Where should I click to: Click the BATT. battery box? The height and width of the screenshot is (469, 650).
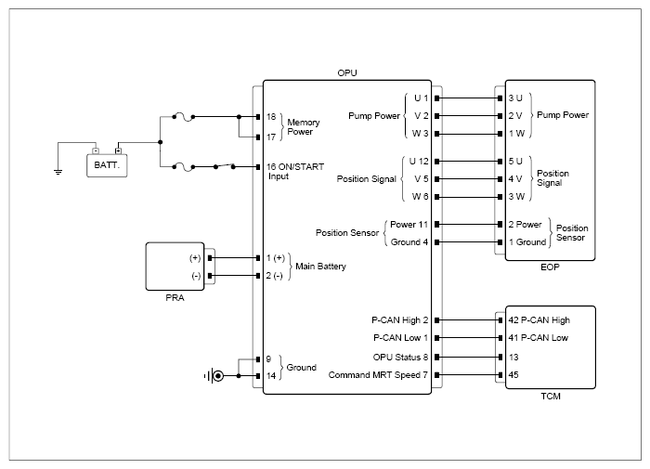(107, 165)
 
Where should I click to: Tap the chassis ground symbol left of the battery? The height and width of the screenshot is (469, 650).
(58, 172)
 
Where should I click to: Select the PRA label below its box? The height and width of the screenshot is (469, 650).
(175, 298)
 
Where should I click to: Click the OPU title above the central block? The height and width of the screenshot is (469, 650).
(347, 73)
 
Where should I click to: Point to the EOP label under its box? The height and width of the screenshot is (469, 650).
(550, 267)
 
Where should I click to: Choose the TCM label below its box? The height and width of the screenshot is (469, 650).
(551, 397)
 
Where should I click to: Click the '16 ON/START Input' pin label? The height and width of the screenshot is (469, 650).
(295, 171)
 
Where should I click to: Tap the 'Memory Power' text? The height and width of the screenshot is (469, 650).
(304, 127)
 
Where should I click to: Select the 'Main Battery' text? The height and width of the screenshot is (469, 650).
(320, 267)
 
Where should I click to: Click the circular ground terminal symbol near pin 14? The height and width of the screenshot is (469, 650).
(217, 376)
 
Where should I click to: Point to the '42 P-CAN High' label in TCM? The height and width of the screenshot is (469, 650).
(539, 320)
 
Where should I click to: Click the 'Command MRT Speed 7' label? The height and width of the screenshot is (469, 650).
(378, 375)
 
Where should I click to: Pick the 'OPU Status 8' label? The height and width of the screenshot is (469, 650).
(400, 357)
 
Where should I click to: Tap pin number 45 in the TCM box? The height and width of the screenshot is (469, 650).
(513, 375)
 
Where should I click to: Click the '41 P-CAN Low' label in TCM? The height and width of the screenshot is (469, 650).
(538, 338)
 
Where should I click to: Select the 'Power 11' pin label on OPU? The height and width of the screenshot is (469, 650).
(409, 225)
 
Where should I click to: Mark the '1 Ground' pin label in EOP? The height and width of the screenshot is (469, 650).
(527, 242)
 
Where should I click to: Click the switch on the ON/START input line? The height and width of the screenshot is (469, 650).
(225, 166)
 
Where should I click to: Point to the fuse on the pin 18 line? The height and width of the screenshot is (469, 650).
(183, 116)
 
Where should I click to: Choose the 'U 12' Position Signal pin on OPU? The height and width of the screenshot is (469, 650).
(419, 162)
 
